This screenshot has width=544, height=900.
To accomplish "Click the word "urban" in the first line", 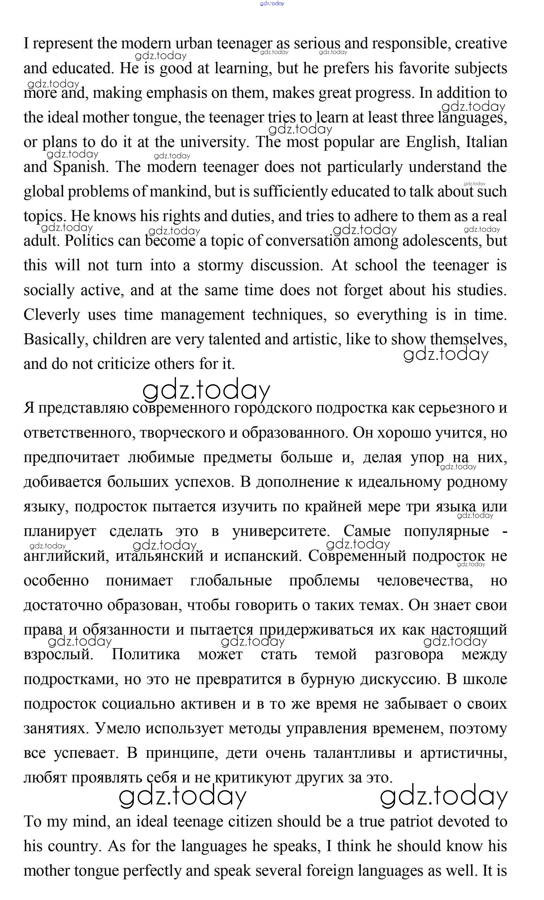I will (x=194, y=44).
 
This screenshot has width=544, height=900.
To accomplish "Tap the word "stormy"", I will (x=220, y=265).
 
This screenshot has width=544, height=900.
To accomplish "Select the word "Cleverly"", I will (x=51, y=315).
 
